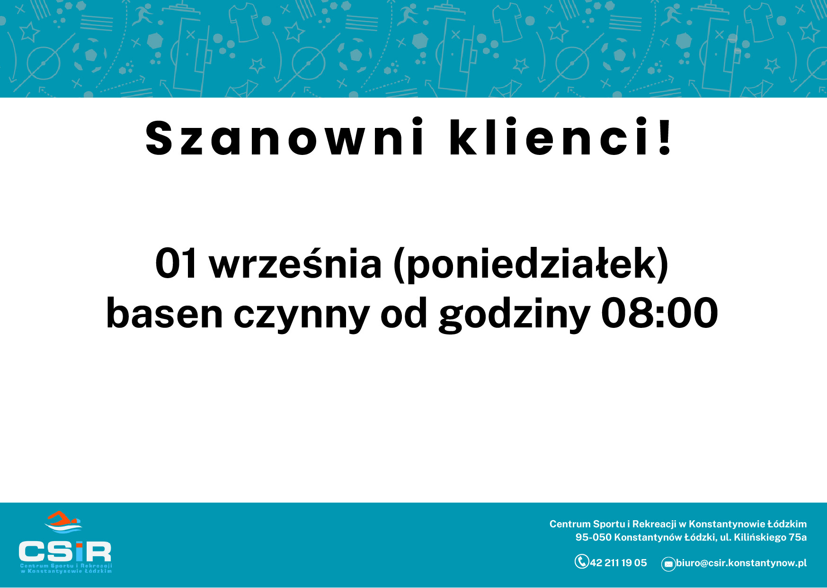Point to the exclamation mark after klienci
(665, 136)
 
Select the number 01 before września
(176, 263)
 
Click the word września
(295, 263)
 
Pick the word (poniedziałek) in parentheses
(531, 264)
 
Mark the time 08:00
(659, 313)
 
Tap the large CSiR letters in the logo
(65, 552)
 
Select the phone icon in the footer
(581, 561)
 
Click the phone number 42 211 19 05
(618, 563)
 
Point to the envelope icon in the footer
(668, 564)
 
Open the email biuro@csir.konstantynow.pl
(741, 563)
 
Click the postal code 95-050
(593, 537)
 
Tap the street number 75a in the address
(798, 537)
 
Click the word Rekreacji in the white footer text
(654, 524)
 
